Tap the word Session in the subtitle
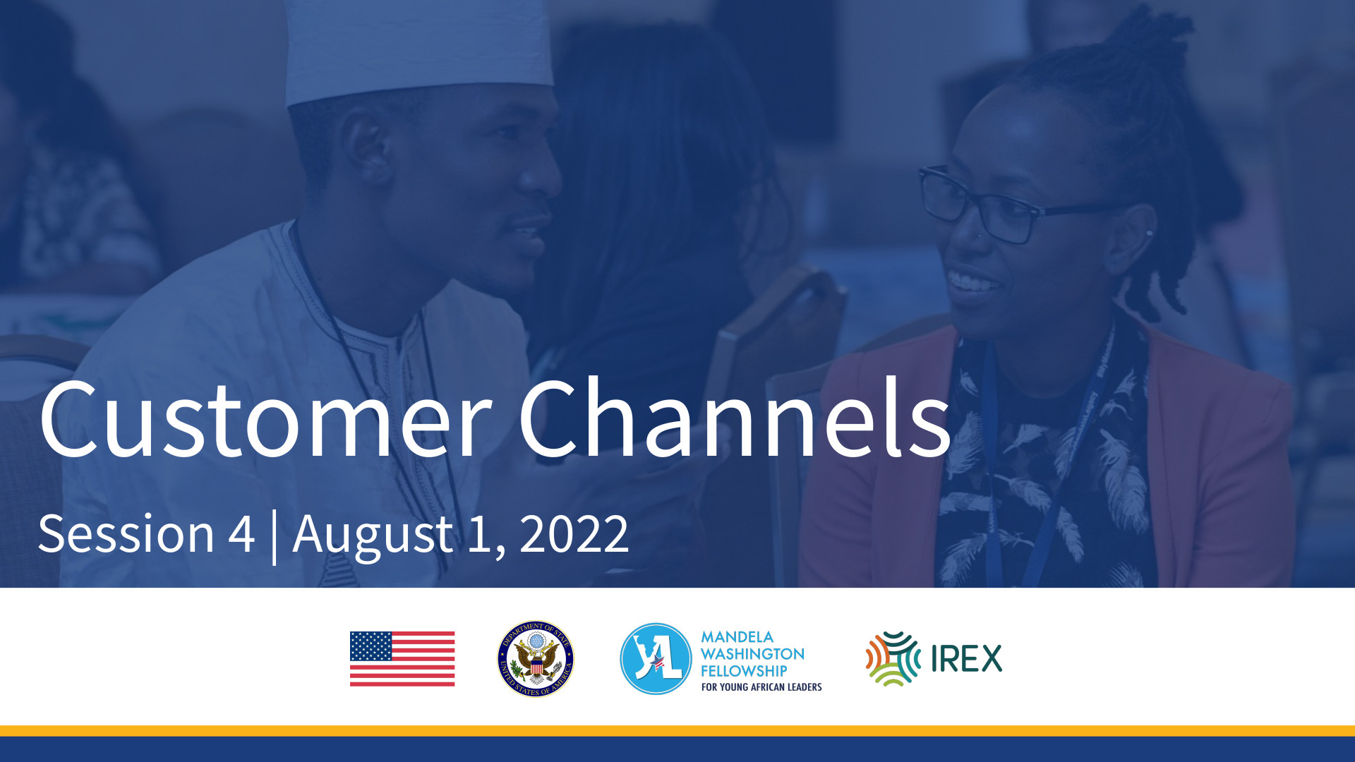126,533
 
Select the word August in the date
373,536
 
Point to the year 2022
574,534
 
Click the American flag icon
402,659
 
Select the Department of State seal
536,659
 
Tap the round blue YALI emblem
656,659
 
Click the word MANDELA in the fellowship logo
737,637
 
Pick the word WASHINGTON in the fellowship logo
752,654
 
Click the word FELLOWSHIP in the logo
744,671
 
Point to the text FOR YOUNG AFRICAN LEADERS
761,687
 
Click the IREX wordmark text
966,659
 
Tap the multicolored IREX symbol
893,659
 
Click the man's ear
368,145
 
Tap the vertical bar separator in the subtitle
274,538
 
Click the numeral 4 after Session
241,533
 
